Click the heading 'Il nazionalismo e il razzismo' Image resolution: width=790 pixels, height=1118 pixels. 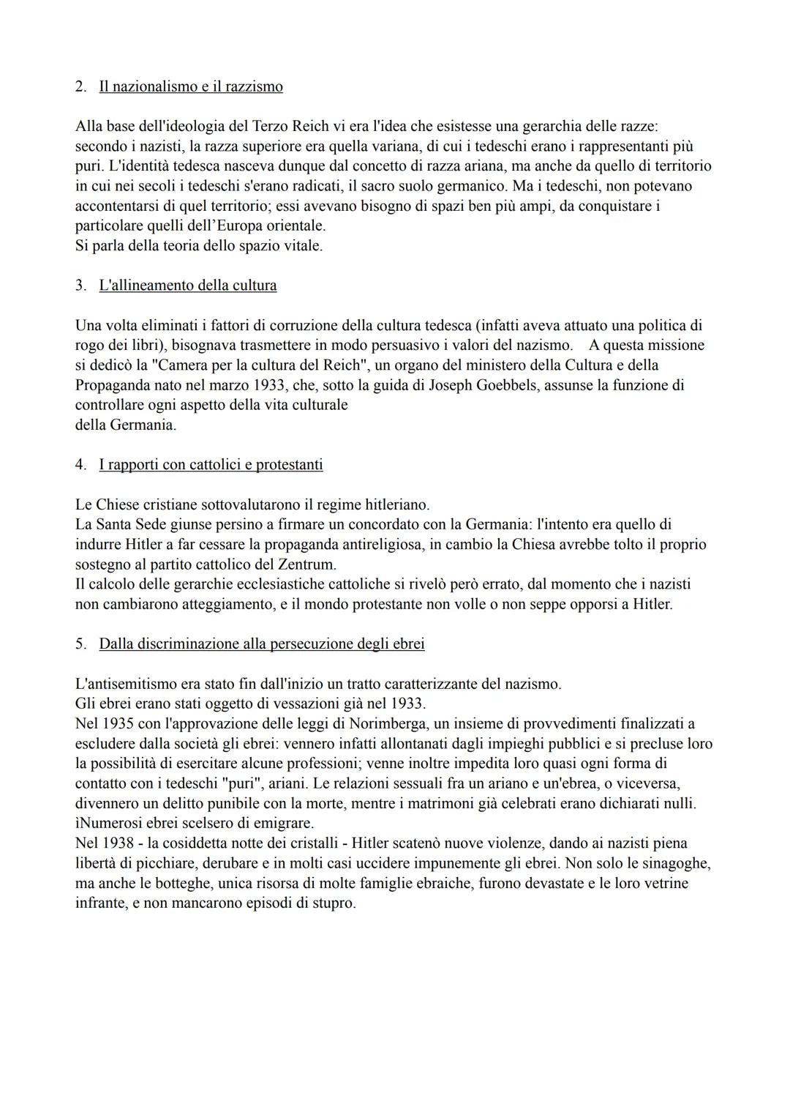click(x=190, y=86)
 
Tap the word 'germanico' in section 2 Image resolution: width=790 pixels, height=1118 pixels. click(x=473, y=186)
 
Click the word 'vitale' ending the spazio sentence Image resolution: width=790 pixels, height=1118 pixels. click(x=302, y=246)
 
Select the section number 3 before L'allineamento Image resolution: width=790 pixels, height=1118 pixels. click(x=80, y=286)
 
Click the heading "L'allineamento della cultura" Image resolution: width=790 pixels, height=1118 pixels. click(x=188, y=286)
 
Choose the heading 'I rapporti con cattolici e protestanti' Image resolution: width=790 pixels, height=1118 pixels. click(x=211, y=464)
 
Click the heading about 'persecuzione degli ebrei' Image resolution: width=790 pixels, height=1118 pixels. click(x=261, y=644)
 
